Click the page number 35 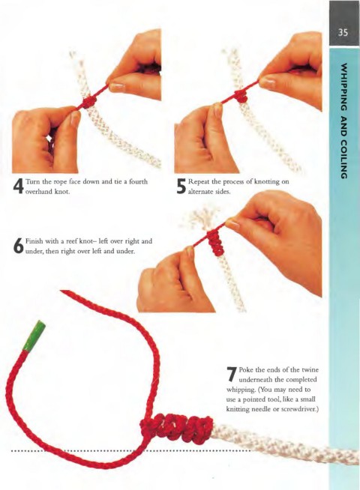point(343,32)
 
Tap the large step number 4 point(18,187)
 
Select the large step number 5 point(181,187)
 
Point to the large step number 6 point(19,246)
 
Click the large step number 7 point(232,374)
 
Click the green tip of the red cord point(34,336)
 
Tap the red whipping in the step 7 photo point(177,429)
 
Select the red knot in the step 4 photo point(89,102)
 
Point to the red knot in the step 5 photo point(241,96)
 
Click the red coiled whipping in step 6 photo point(214,244)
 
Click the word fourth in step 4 point(138,181)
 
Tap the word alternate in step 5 point(199,192)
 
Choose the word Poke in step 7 point(245,369)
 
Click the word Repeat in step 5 point(198,182)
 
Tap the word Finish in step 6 point(34,241)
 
